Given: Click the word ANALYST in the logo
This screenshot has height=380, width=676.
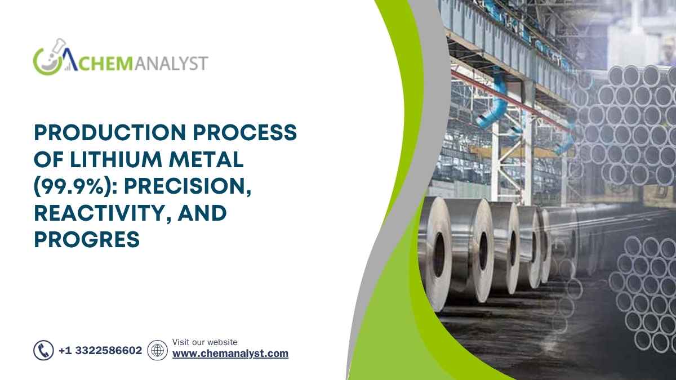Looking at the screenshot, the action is tap(171, 63).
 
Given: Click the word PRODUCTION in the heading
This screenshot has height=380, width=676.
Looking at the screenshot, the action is tap(110, 132).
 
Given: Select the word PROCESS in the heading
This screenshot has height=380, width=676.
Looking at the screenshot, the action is tap(244, 132).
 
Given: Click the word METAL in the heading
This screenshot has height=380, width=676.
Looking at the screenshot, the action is tap(206, 159).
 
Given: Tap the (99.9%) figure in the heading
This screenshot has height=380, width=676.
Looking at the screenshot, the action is tap(75, 187).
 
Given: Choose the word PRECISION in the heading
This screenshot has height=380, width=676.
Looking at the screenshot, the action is tap(188, 187).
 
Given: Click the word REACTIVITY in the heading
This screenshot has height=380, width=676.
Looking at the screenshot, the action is tap(103, 213).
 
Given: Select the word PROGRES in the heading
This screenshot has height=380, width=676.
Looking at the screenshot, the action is tap(87, 239).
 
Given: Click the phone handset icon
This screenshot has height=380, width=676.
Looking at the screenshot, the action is tap(44, 350).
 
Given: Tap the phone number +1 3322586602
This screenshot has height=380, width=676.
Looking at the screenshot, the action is tap(100, 350).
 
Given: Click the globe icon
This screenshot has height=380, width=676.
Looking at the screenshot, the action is tap(158, 350).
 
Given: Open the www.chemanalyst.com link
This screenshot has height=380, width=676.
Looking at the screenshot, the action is tap(230, 354).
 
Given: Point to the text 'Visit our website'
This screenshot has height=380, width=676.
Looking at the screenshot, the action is tap(204, 342).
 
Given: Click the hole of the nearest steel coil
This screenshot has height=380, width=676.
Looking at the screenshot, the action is tap(438, 255).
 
